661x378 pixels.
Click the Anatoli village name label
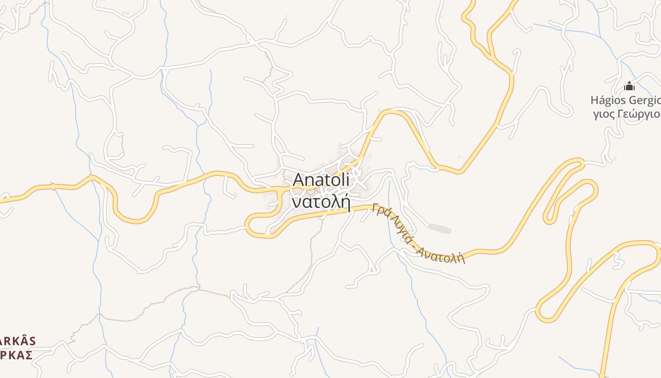click(321, 180)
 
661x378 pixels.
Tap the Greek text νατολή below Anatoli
click(321, 202)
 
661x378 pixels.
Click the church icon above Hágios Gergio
click(629, 86)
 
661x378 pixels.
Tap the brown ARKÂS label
click(17, 341)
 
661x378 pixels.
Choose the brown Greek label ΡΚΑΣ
click(16, 355)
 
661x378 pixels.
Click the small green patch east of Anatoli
click(440, 229)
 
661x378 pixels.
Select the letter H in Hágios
click(594, 100)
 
